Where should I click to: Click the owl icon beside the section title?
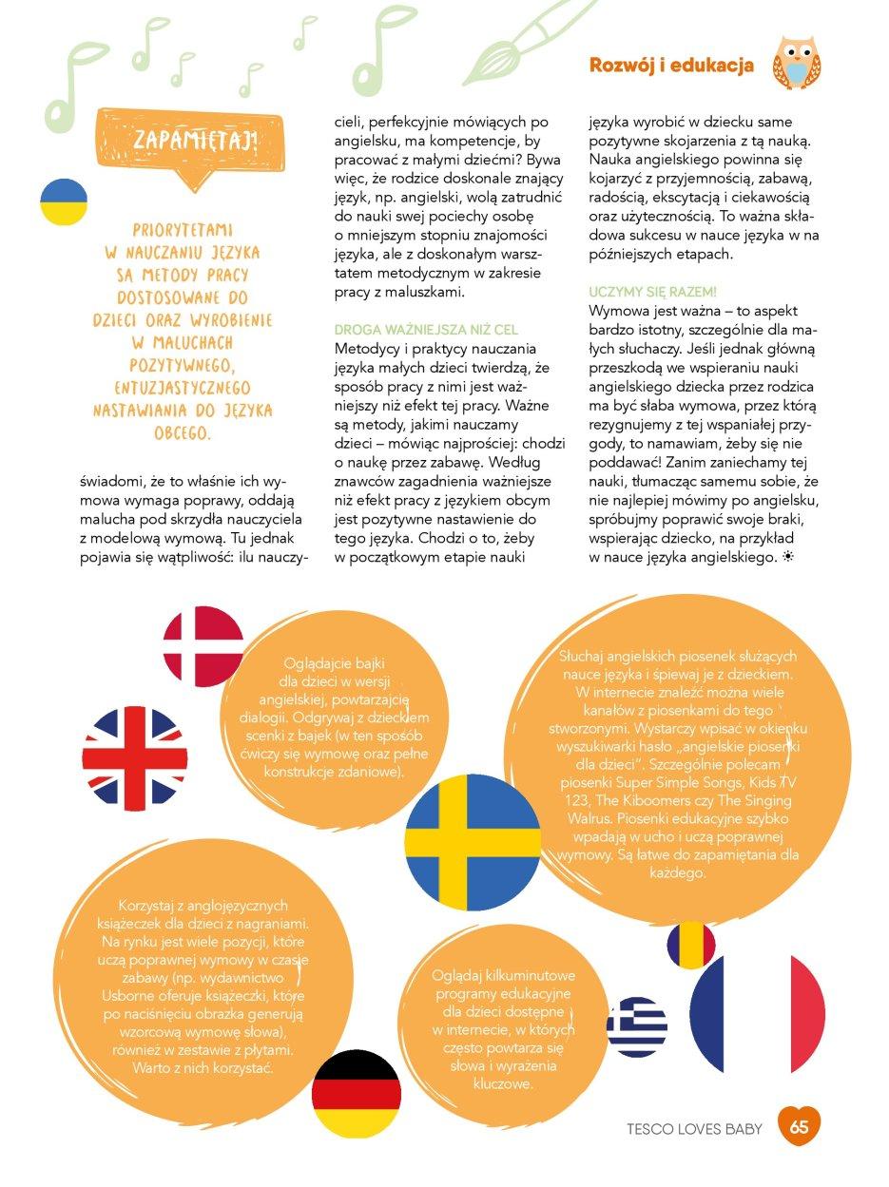coord(796,64)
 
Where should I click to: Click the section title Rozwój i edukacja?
coord(671,66)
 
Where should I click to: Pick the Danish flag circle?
coord(203,646)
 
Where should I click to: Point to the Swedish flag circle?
coord(473,843)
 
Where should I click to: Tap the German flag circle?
coord(357,1094)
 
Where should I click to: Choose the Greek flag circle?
coord(636,1026)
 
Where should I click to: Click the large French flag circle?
coord(758,1013)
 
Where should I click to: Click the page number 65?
coord(799,1128)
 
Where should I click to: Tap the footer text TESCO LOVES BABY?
coord(694,1129)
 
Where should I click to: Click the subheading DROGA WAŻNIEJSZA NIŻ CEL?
coord(426,330)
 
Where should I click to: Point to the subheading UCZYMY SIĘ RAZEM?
coord(652,291)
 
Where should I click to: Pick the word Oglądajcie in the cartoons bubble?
coord(319,663)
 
